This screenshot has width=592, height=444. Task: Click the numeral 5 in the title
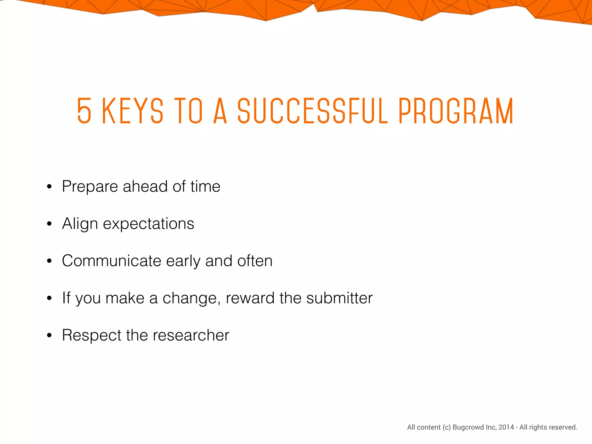tap(84, 111)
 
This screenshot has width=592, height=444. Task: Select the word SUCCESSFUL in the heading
tap(313, 111)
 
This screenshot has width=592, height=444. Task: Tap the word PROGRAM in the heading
tap(456, 111)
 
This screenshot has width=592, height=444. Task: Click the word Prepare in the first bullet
tap(90, 187)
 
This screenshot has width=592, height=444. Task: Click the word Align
tap(80, 224)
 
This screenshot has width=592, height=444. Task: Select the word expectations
tap(149, 224)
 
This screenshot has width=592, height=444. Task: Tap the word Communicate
tap(112, 261)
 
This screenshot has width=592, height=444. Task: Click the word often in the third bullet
tap(255, 261)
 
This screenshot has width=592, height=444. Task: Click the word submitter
tap(339, 298)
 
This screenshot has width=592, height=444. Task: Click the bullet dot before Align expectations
tap(49, 224)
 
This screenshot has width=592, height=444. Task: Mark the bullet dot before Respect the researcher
tap(49, 336)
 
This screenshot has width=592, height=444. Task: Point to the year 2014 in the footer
tap(506, 427)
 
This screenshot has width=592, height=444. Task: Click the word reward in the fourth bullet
tap(250, 298)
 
